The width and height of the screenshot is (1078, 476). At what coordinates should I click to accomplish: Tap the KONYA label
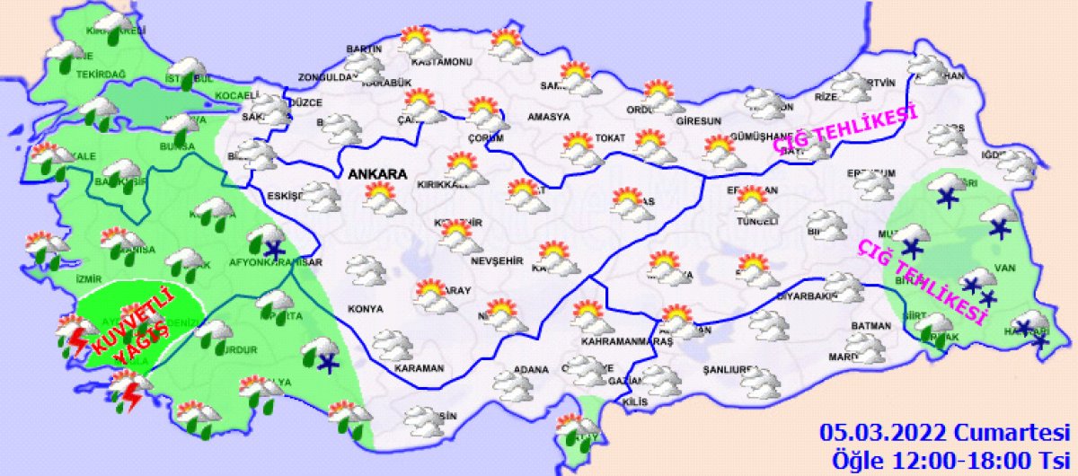tap(365, 309)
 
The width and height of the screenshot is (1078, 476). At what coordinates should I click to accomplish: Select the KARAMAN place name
tap(420, 368)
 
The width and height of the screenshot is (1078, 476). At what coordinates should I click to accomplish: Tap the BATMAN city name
tap(870, 326)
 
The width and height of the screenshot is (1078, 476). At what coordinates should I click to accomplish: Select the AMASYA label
tap(548, 117)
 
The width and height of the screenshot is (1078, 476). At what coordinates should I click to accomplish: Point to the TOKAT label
tap(607, 138)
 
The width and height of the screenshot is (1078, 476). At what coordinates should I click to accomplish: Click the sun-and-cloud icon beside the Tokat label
tap(579, 148)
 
